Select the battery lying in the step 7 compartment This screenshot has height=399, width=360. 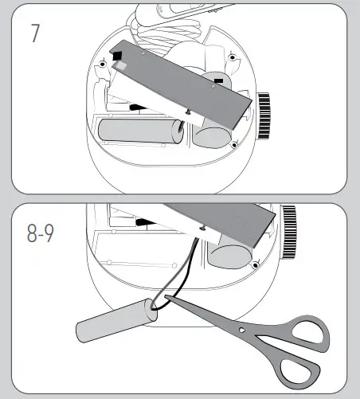click(x=140, y=132)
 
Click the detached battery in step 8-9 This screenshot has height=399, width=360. click(x=116, y=319)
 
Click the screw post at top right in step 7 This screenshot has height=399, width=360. click(x=232, y=59)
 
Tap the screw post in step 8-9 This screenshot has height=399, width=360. click(x=255, y=265)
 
